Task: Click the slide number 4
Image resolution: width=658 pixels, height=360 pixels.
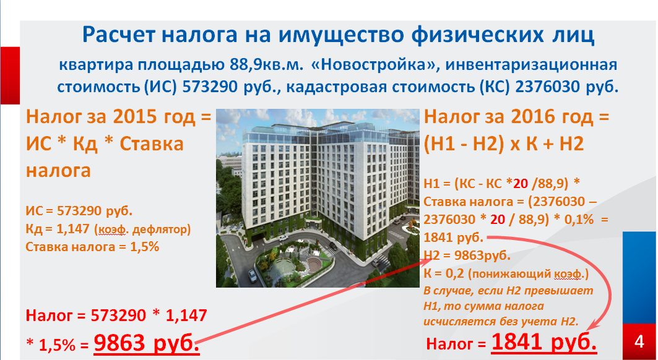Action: pyautogui.click(x=639, y=341)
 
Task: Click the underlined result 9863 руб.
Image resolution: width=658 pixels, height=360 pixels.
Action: pyautogui.click(x=147, y=343)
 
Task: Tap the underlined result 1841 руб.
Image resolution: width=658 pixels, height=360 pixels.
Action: pyautogui.click(x=544, y=341)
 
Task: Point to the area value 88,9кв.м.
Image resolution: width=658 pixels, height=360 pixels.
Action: pyautogui.click(x=266, y=65)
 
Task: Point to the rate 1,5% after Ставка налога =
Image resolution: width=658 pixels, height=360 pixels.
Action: pyautogui.click(x=144, y=247)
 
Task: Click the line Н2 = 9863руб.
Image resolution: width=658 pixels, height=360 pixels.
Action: pyautogui.click(x=467, y=255)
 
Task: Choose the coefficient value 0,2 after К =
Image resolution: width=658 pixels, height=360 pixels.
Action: pyautogui.click(x=455, y=273)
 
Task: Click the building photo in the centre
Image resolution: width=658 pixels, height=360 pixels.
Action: pyautogui.click(x=318, y=198)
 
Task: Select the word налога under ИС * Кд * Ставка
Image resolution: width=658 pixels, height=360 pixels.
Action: pyautogui.click(x=58, y=170)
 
